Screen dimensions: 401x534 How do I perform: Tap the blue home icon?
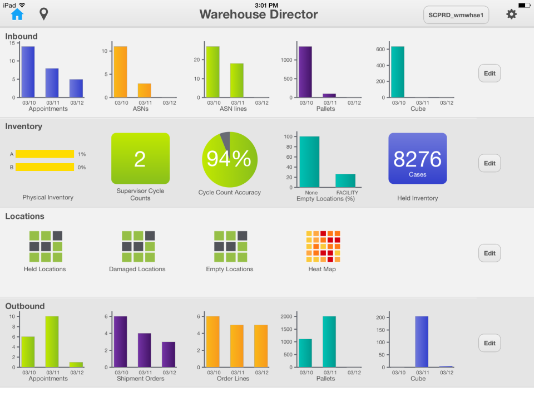point(17,14)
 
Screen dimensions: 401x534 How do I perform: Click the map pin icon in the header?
point(43,14)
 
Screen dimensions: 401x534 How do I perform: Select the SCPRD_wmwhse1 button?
point(456,15)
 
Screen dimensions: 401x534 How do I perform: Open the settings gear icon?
point(511,14)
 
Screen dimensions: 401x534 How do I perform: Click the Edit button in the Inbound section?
point(489,73)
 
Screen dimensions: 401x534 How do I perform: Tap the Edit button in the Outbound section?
point(489,343)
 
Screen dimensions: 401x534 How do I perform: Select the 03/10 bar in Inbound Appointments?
point(28,72)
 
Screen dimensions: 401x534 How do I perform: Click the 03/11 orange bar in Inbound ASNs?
point(145,91)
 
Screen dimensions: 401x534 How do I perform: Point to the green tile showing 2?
point(140,158)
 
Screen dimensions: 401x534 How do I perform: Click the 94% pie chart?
point(229,159)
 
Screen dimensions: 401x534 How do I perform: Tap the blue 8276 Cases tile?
point(417,158)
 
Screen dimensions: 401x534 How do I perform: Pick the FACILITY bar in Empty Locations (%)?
point(345,180)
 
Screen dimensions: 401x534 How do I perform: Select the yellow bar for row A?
point(44,154)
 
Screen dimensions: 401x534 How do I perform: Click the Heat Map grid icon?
point(322,246)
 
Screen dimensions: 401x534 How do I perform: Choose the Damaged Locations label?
point(137,269)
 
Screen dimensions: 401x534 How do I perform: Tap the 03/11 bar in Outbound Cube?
point(422,342)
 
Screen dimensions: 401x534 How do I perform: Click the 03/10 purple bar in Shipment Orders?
point(120,342)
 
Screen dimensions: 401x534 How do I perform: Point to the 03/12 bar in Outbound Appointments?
point(76,365)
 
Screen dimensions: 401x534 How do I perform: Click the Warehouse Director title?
point(259,14)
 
